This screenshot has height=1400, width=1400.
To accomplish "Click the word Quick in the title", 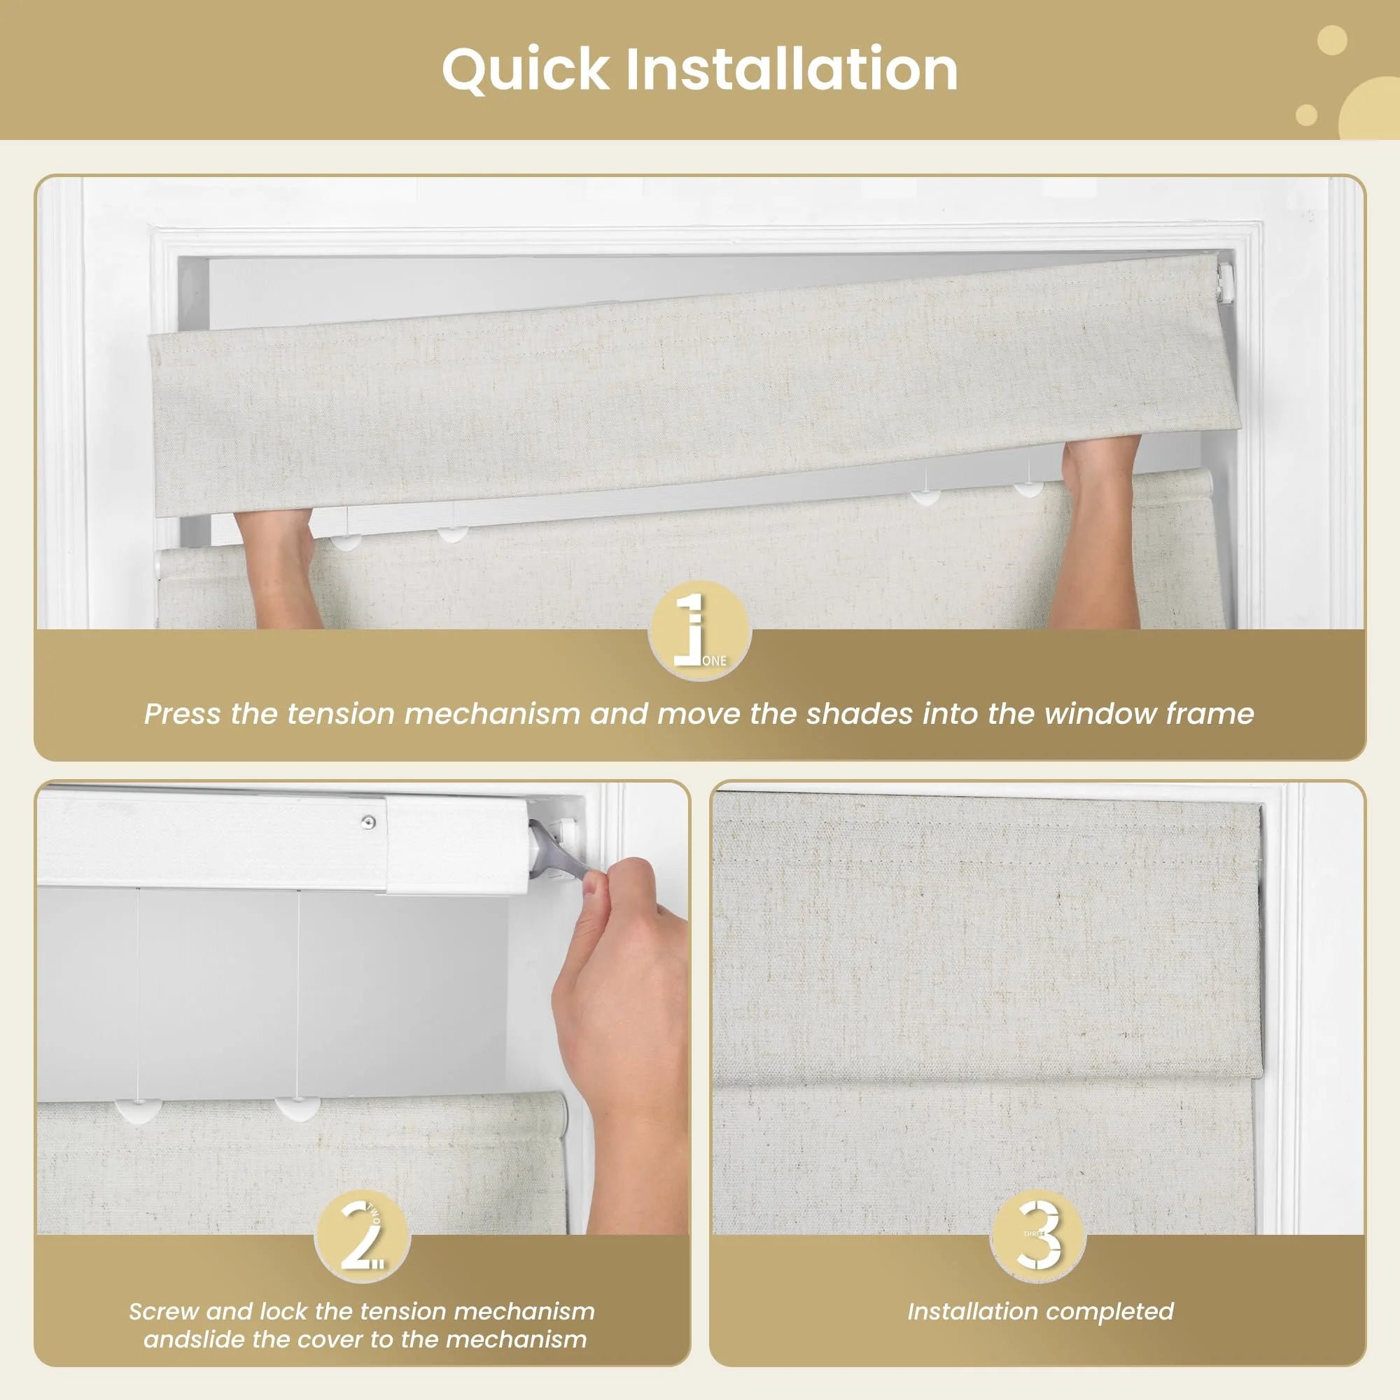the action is point(526,70).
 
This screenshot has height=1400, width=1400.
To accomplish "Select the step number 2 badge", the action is point(363,1236).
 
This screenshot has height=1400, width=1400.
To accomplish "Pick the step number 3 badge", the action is point(1037,1235).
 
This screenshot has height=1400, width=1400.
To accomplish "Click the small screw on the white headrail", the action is point(369,822).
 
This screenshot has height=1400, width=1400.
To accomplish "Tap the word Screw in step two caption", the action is point(163,1312).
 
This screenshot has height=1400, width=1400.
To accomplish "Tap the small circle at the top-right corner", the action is point(1331,40).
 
